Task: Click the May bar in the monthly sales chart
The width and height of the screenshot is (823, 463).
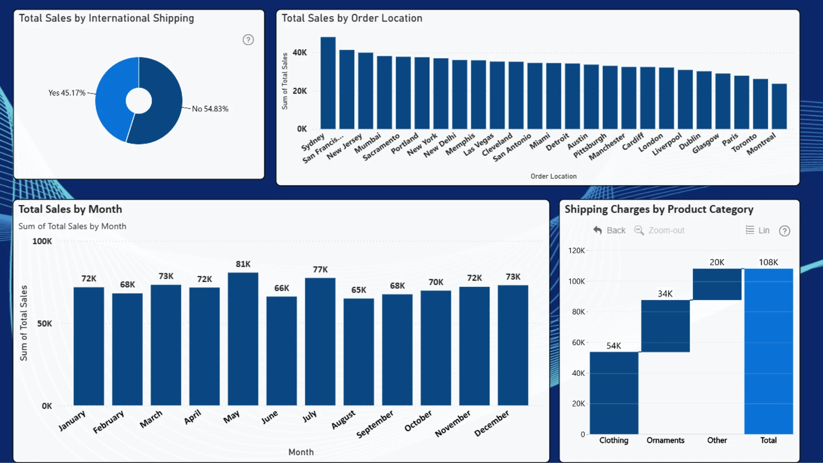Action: tap(243, 339)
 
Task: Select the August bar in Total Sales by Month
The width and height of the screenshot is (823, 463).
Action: tap(359, 352)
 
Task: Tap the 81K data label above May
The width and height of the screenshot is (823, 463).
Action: tap(243, 264)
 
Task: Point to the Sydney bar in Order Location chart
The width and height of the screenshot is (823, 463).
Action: tap(328, 83)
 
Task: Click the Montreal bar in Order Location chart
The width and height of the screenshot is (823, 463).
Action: tap(779, 106)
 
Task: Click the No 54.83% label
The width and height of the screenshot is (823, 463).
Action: tap(210, 109)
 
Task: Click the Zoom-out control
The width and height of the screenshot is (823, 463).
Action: tap(659, 230)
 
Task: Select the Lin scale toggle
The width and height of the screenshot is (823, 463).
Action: tap(757, 230)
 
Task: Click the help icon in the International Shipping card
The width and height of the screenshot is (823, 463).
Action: tap(248, 40)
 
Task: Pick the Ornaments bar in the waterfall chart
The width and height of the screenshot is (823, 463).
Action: tap(665, 326)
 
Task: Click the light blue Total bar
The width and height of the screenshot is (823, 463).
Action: tap(769, 352)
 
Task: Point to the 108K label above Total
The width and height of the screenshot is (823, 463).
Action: tap(769, 262)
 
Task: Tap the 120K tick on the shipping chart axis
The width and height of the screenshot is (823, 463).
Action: tap(577, 250)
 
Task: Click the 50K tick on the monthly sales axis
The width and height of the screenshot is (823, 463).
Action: tap(45, 324)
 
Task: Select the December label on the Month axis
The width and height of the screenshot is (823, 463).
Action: tap(492, 423)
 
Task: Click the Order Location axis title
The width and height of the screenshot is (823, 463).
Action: tap(553, 176)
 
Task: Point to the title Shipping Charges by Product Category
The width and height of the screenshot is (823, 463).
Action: tap(659, 209)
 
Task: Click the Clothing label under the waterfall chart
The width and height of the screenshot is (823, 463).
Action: tap(614, 440)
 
